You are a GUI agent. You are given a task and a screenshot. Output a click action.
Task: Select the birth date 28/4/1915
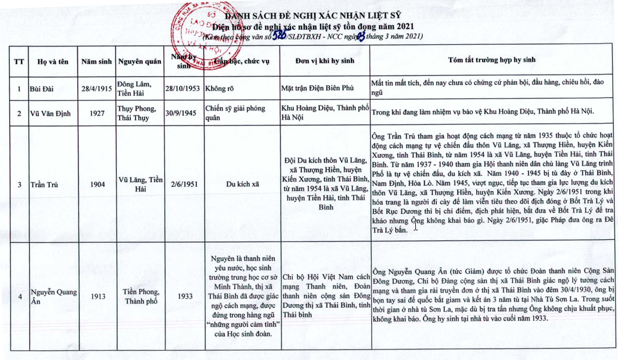96,89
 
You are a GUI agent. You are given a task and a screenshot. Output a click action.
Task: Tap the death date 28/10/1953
182,89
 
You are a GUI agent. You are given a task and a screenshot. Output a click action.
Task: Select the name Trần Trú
44,185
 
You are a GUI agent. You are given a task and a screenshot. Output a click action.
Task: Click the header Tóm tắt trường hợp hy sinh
492,60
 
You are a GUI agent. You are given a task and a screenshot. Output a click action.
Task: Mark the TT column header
19,60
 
